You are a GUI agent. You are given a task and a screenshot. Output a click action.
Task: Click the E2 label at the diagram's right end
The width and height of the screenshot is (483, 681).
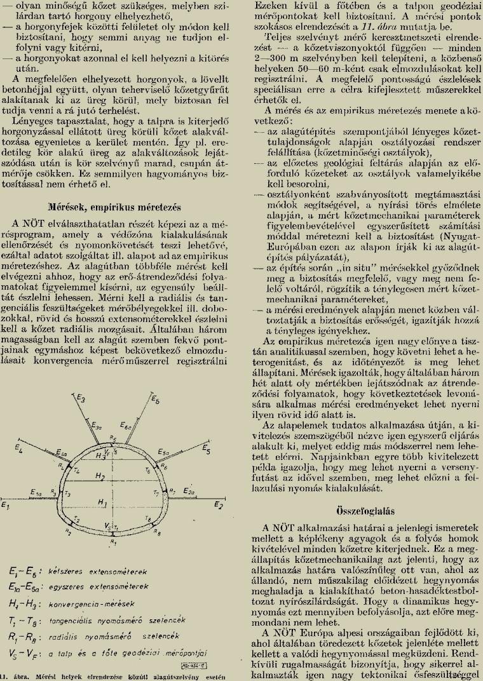(218, 505)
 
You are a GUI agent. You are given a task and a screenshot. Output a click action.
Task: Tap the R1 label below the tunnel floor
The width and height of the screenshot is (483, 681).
(113, 543)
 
